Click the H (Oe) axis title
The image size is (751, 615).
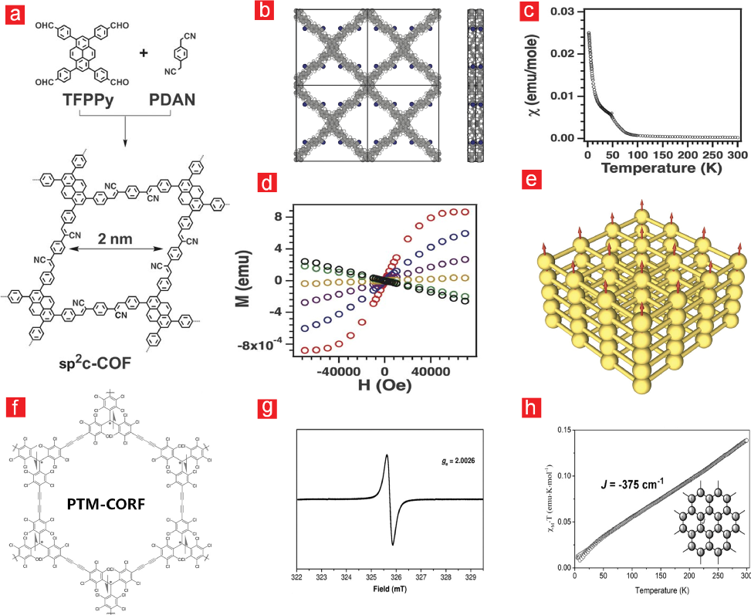tap(394, 381)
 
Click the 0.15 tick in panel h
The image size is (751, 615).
tap(563, 428)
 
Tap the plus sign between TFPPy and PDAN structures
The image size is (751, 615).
tap(142, 55)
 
